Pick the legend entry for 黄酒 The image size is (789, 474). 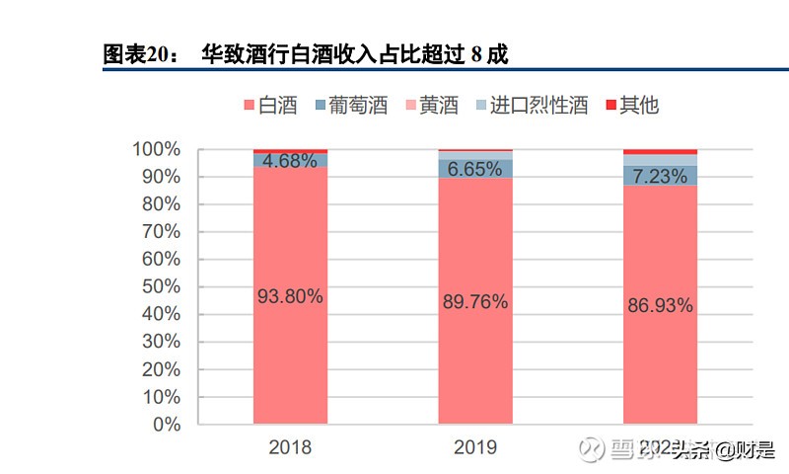point(430,106)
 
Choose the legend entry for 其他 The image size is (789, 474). point(629,106)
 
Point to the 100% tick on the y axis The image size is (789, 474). point(157,150)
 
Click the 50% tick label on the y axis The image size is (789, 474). point(161,287)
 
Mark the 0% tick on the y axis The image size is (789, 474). point(165,425)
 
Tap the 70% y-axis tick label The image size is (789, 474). point(161,232)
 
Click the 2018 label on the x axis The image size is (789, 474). point(290,447)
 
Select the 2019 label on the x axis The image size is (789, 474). point(475,447)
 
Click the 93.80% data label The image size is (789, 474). point(290,296)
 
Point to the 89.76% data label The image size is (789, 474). point(475,302)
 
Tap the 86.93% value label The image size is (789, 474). point(660,306)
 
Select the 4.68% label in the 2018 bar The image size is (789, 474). point(290,161)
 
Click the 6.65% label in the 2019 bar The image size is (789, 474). point(475,169)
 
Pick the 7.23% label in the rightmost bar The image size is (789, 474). point(660,176)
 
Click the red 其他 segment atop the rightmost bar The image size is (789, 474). point(660,152)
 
